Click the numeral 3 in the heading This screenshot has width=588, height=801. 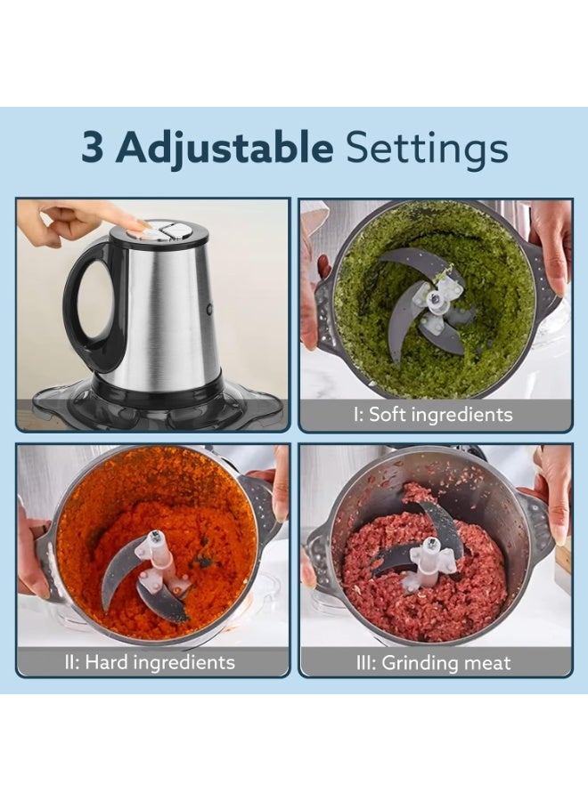coord(93,147)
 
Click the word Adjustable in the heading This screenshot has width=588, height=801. coord(225,149)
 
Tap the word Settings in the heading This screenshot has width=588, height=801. coord(427,149)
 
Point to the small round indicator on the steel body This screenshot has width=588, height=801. coord(209,309)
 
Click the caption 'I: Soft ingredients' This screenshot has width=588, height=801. coord(433,414)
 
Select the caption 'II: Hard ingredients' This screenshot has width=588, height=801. coord(150,662)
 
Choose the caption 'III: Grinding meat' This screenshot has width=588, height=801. coord(433,662)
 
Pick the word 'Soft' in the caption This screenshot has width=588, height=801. coord(388,414)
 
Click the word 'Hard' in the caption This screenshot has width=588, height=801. coord(106,662)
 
